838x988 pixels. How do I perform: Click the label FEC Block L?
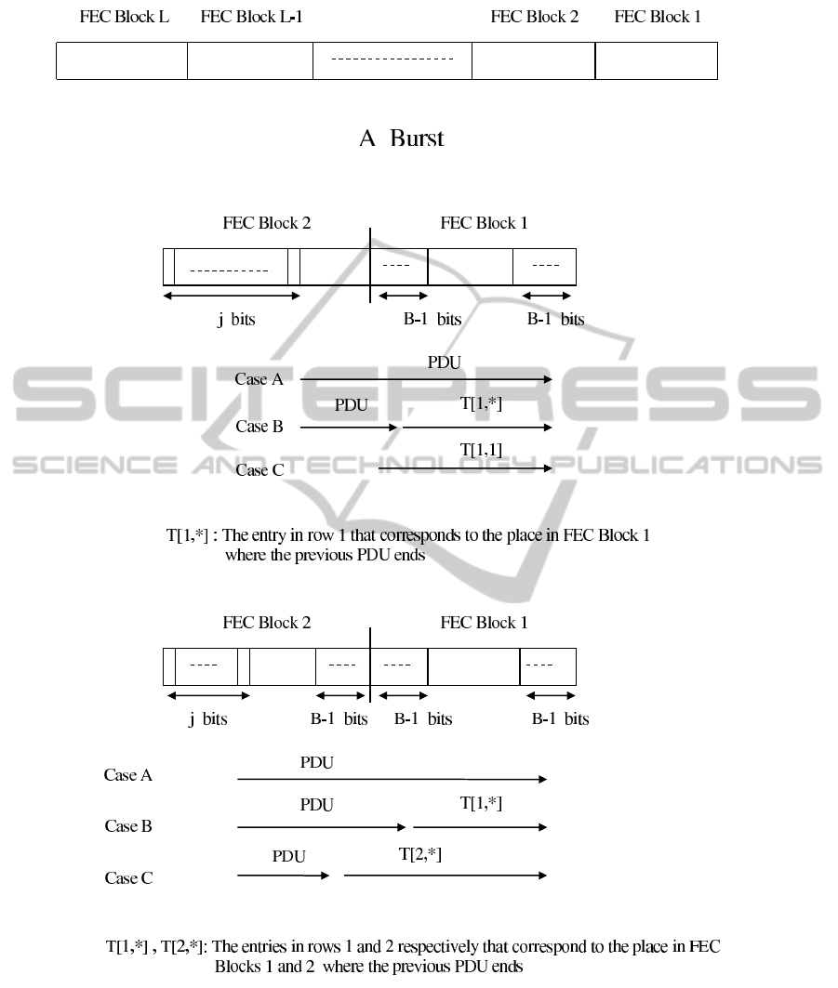click(125, 17)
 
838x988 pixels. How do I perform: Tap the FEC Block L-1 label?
click(252, 17)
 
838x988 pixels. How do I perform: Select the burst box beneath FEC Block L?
click(122, 61)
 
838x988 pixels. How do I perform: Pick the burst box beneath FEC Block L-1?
click(250, 61)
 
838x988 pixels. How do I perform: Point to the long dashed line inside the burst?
click(392, 59)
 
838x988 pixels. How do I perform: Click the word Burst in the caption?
click(417, 138)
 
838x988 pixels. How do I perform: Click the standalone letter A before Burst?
click(367, 138)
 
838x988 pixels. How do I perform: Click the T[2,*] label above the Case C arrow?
click(420, 854)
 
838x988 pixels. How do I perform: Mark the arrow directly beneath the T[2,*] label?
click(446, 876)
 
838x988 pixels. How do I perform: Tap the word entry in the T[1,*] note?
click(269, 535)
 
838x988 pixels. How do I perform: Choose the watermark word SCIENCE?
click(95, 465)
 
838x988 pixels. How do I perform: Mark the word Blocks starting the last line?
click(238, 967)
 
